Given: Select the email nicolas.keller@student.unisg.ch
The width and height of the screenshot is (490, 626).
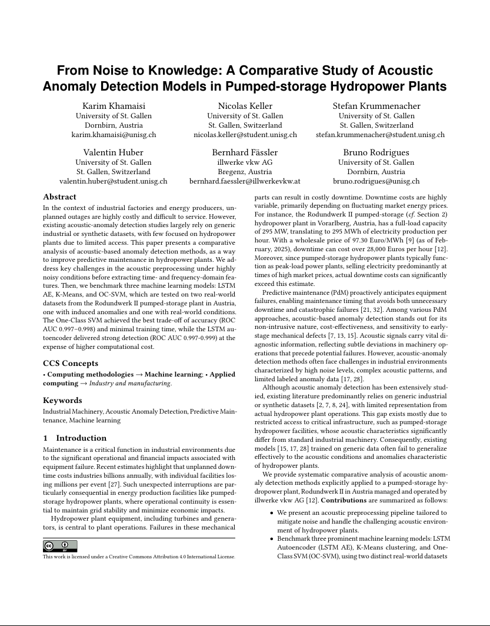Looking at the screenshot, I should click(x=245, y=135).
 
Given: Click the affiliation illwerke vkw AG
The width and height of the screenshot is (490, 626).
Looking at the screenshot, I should click(x=245, y=162).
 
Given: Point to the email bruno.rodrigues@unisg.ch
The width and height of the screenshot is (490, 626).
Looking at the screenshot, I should click(x=376, y=181).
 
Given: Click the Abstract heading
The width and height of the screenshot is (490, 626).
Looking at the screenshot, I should click(x=59, y=197).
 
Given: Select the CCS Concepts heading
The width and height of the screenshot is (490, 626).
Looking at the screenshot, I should click(x=71, y=364).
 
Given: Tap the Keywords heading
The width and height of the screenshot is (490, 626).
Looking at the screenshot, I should click(x=62, y=400).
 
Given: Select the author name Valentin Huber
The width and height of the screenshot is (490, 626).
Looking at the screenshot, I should click(x=114, y=153).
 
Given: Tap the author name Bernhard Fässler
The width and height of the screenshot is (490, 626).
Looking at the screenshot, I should click(x=245, y=153).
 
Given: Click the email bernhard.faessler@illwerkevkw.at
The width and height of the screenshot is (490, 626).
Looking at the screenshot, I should click(x=245, y=181).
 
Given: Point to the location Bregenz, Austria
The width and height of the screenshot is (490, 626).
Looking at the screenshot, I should click(x=245, y=172).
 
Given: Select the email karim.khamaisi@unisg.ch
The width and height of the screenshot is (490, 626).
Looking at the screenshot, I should click(x=114, y=135).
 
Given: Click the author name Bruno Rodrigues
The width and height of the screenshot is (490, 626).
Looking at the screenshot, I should click(x=376, y=153).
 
